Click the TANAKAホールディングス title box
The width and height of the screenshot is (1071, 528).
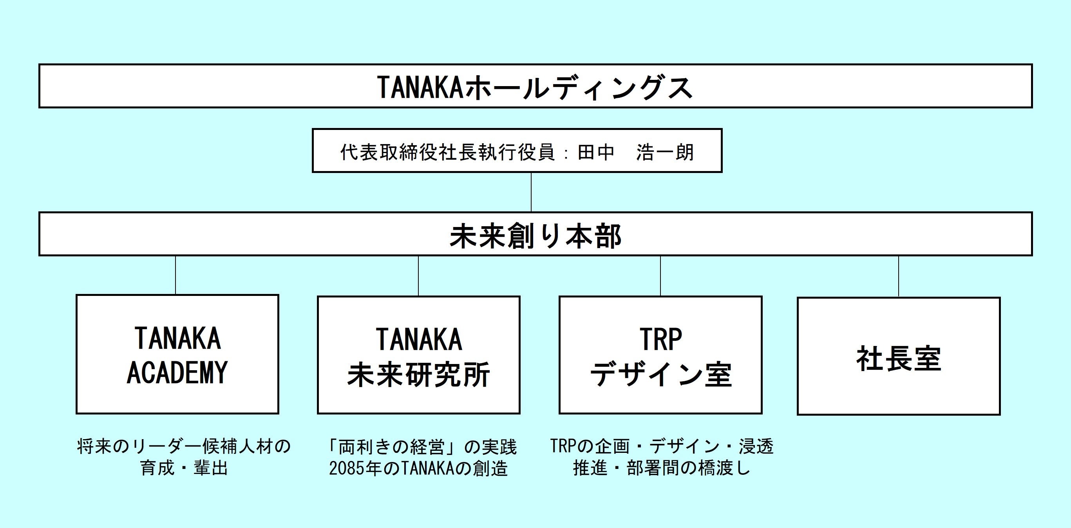[535, 86]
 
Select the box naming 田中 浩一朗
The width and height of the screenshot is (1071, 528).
[517, 151]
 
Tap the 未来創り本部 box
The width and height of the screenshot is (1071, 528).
[535, 234]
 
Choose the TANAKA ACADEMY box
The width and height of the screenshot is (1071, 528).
[177, 354]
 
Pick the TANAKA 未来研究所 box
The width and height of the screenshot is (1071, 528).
[418, 355]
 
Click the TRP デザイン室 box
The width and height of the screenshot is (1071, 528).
[660, 355]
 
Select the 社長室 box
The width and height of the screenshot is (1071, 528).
[899, 357]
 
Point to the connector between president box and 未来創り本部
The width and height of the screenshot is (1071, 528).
[531, 192]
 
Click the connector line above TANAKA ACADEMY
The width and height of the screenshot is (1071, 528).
[175, 275]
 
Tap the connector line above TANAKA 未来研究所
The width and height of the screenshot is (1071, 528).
[418, 276]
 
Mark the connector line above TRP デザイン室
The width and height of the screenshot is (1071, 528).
[660, 276]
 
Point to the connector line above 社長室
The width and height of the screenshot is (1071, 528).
[899, 276]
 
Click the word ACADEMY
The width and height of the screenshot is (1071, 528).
[177, 372]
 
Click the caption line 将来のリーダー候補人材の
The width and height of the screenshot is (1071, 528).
[184, 447]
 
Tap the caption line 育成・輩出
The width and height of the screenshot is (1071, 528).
[184, 468]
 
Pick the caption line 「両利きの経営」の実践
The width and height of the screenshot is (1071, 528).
[422, 447]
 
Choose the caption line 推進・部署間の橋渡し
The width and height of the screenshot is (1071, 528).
[662, 468]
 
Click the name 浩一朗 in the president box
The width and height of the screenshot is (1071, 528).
[665, 152]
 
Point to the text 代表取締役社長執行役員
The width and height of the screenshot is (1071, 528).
[448, 152]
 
